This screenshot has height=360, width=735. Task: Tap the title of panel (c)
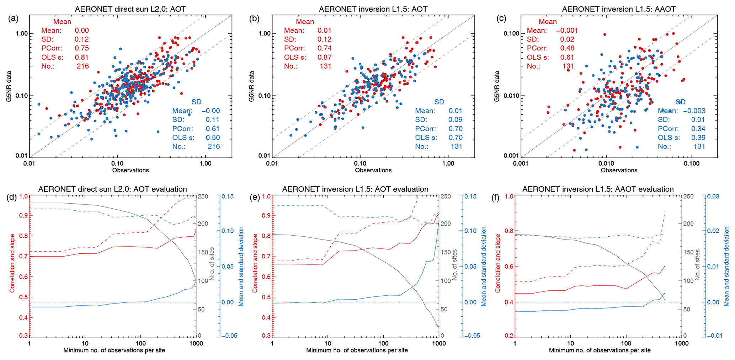618,9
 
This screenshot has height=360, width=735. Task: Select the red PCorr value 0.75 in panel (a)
82,48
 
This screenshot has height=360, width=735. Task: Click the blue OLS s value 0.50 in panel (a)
213,138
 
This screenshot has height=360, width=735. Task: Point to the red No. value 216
82,66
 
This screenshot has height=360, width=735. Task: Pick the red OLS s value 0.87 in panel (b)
324,57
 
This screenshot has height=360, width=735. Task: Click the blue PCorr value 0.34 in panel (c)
698,129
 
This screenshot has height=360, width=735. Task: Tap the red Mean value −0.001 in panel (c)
567,31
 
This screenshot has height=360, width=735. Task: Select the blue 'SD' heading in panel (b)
439,102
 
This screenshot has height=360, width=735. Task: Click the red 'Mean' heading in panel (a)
62,22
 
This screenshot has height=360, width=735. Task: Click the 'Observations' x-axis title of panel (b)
373,170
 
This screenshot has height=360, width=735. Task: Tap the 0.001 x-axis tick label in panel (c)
521,163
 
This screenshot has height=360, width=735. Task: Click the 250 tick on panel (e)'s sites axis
446,197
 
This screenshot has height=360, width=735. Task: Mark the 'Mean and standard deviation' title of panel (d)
241,266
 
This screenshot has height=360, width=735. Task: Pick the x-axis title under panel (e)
357,350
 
